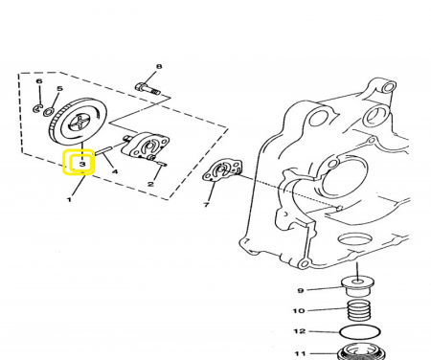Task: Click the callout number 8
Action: point(159,66)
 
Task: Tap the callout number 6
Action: point(39,81)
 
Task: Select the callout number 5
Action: point(59,88)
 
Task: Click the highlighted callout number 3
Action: point(82,164)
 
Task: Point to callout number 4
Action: point(115,171)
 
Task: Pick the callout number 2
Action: point(150,184)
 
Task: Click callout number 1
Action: point(69,200)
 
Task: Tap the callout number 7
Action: point(206,204)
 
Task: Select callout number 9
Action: point(300,290)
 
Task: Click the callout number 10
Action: point(299,310)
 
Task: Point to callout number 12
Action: point(300,331)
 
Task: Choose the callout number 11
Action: point(300,353)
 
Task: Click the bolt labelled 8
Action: point(147,88)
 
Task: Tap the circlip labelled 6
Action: point(37,108)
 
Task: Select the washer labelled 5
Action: point(49,112)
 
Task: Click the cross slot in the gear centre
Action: point(81,123)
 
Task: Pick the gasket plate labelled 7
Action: point(223,171)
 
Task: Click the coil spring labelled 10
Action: point(358,309)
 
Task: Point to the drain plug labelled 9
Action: point(357,287)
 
